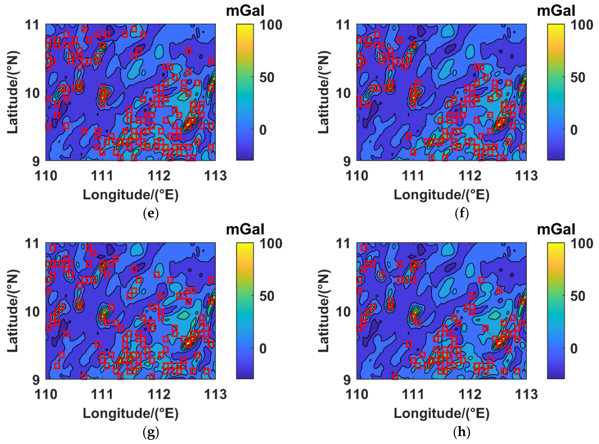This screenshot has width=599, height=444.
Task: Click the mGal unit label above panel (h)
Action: click(556, 230)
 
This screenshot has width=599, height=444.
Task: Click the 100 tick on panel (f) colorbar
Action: click(582, 25)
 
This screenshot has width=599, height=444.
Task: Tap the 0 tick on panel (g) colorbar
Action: click(263, 349)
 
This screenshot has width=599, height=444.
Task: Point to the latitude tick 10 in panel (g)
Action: click(32, 312)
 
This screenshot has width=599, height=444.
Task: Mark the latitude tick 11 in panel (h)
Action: click(343, 244)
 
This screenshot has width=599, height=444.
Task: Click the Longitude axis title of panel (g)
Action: click(131, 413)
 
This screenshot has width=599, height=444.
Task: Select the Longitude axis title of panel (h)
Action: click(441, 413)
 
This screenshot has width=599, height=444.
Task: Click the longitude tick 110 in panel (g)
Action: click(46, 394)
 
